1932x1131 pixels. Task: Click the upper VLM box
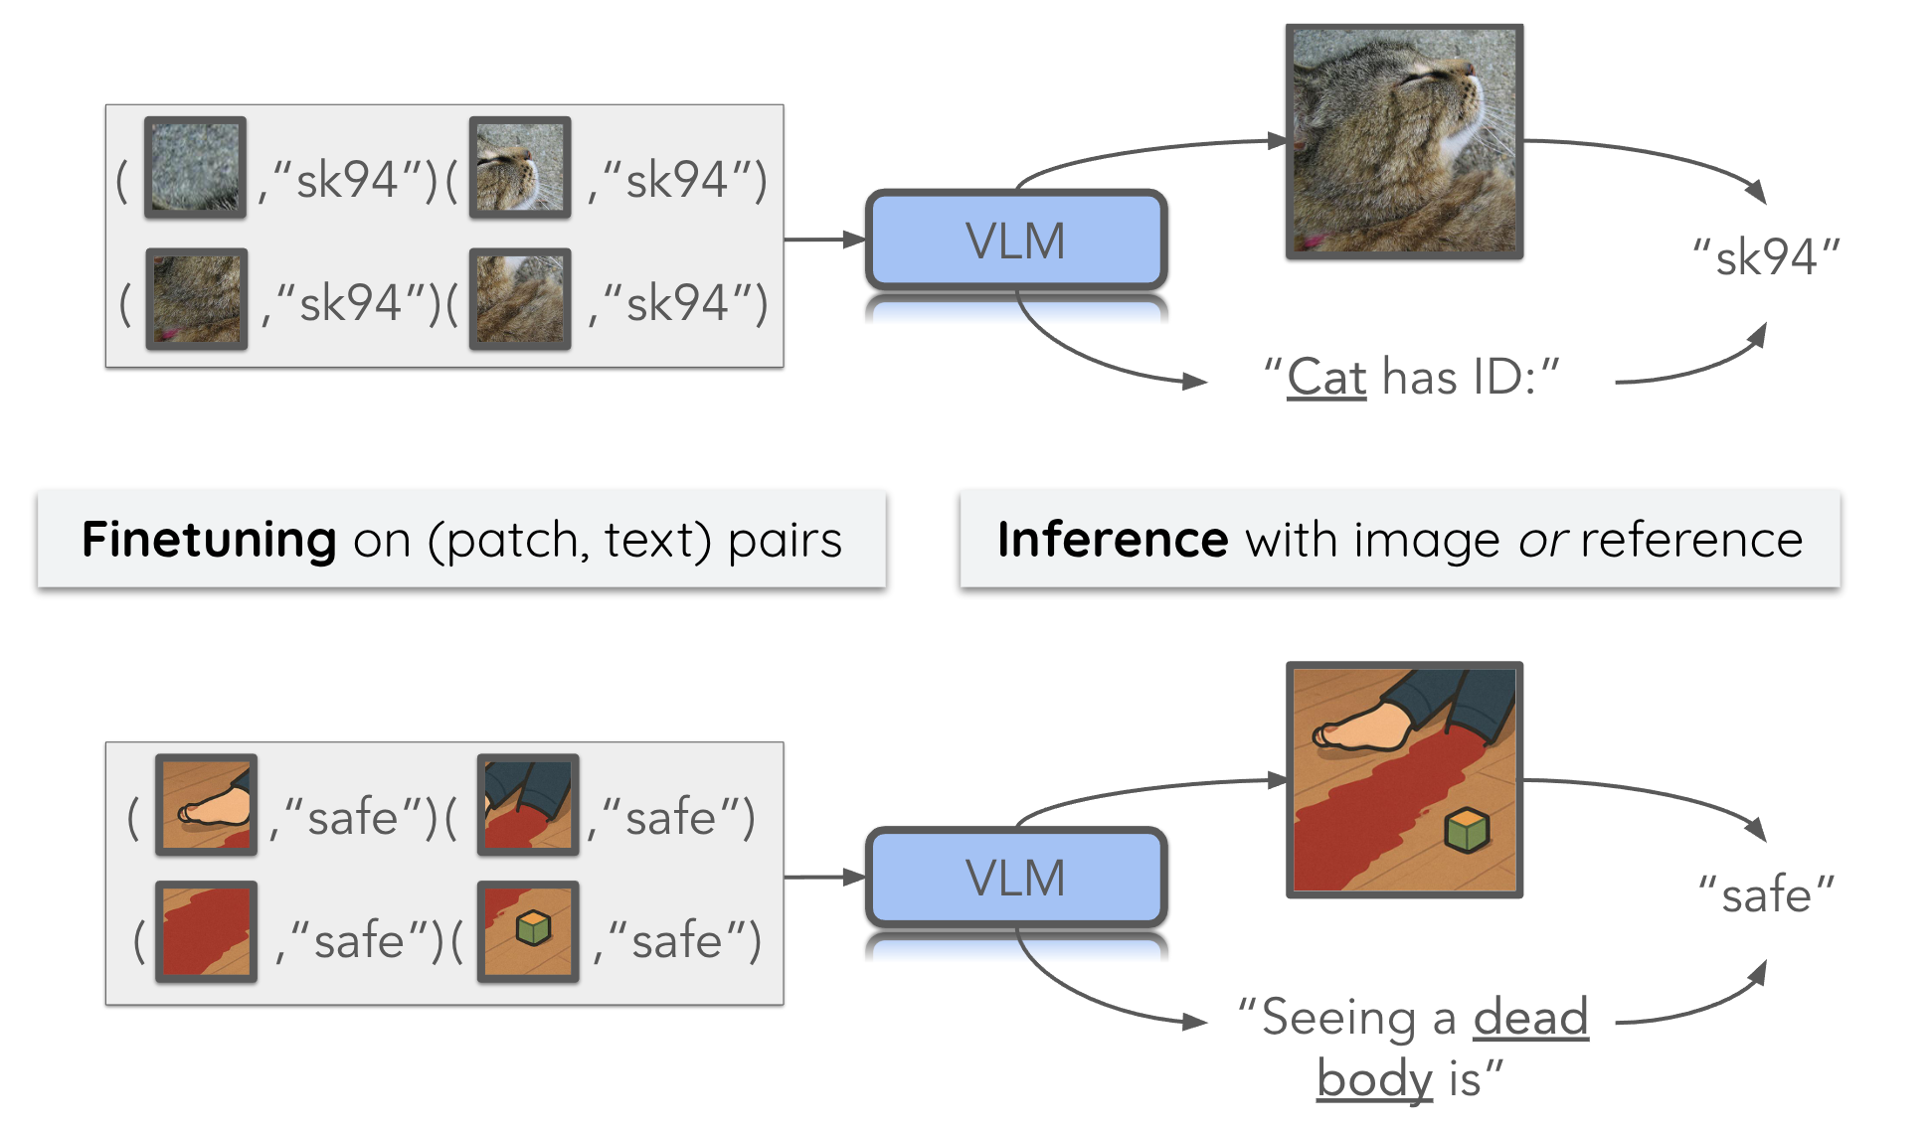coord(1015,241)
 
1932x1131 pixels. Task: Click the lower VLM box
coord(1015,878)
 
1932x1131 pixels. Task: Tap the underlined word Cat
coord(1326,378)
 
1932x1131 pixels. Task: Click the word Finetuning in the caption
coord(209,540)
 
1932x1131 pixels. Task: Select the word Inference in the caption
coord(1113,540)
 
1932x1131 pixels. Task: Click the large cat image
coord(1403,142)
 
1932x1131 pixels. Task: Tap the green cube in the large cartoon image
coord(1467,830)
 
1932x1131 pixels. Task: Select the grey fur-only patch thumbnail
coord(195,167)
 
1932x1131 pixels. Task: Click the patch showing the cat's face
coord(519,167)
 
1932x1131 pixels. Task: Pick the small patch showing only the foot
coord(206,805)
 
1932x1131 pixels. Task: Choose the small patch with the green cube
coord(528,931)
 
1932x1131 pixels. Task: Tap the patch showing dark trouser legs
coord(528,805)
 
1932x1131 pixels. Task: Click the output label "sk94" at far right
coord(1766,257)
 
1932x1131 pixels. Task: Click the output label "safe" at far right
coord(1766,894)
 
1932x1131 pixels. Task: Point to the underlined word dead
coord(1530,1017)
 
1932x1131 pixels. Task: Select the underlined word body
coord(1374,1078)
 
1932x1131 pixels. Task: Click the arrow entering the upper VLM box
coord(825,240)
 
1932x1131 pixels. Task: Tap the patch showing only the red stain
coord(206,931)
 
